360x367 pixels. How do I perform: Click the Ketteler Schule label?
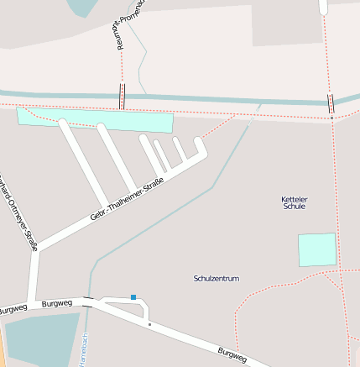point(294,202)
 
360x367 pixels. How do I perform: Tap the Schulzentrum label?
point(217,278)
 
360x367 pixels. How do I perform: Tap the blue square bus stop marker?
point(133,296)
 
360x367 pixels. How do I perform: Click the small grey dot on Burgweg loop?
point(149,323)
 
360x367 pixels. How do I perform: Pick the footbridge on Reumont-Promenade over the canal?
point(123,96)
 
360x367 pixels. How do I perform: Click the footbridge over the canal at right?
point(331,103)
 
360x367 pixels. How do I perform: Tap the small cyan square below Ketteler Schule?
point(317,250)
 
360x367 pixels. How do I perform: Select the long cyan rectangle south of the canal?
point(94,120)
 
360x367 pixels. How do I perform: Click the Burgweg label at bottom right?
point(232,354)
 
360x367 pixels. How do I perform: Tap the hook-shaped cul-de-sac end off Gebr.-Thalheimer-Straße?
point(201,148)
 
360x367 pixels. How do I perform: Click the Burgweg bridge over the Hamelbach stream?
point(88,304)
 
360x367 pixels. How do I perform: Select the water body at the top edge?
point(81,7)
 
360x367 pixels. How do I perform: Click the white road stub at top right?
point(323,6)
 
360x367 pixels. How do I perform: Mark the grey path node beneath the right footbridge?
point(331,118)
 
